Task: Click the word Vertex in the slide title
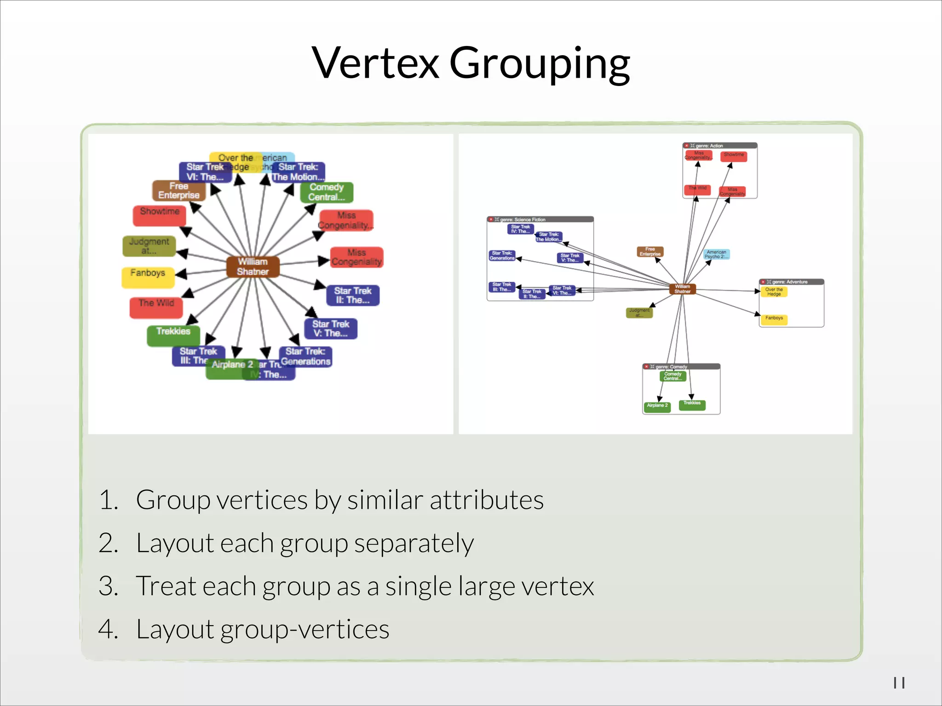tap(375, 63)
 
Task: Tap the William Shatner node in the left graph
tap(253, 267)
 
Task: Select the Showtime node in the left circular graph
tap(159, 215)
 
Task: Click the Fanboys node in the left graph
tap(148, 277)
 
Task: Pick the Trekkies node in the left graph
tap(173, 335)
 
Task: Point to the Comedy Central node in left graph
tap(327, 192)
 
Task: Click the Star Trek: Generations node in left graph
tap(306, 357)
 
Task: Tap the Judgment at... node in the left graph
tap(149, 246)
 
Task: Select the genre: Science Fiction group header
tap(540, 220)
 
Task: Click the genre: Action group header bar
tap(719, 146)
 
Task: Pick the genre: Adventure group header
tap(791, 282)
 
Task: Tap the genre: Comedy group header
tap(681, 367)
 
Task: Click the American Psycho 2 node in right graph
tap(716, 255)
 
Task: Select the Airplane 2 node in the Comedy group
tap(657, 406)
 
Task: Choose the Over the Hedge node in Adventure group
tap(774, 292)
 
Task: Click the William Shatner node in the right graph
tap(683, 289)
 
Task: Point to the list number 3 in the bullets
tap(109, 586)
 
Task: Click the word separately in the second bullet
tap(414, 543)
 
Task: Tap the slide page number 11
tap(899, 683)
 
